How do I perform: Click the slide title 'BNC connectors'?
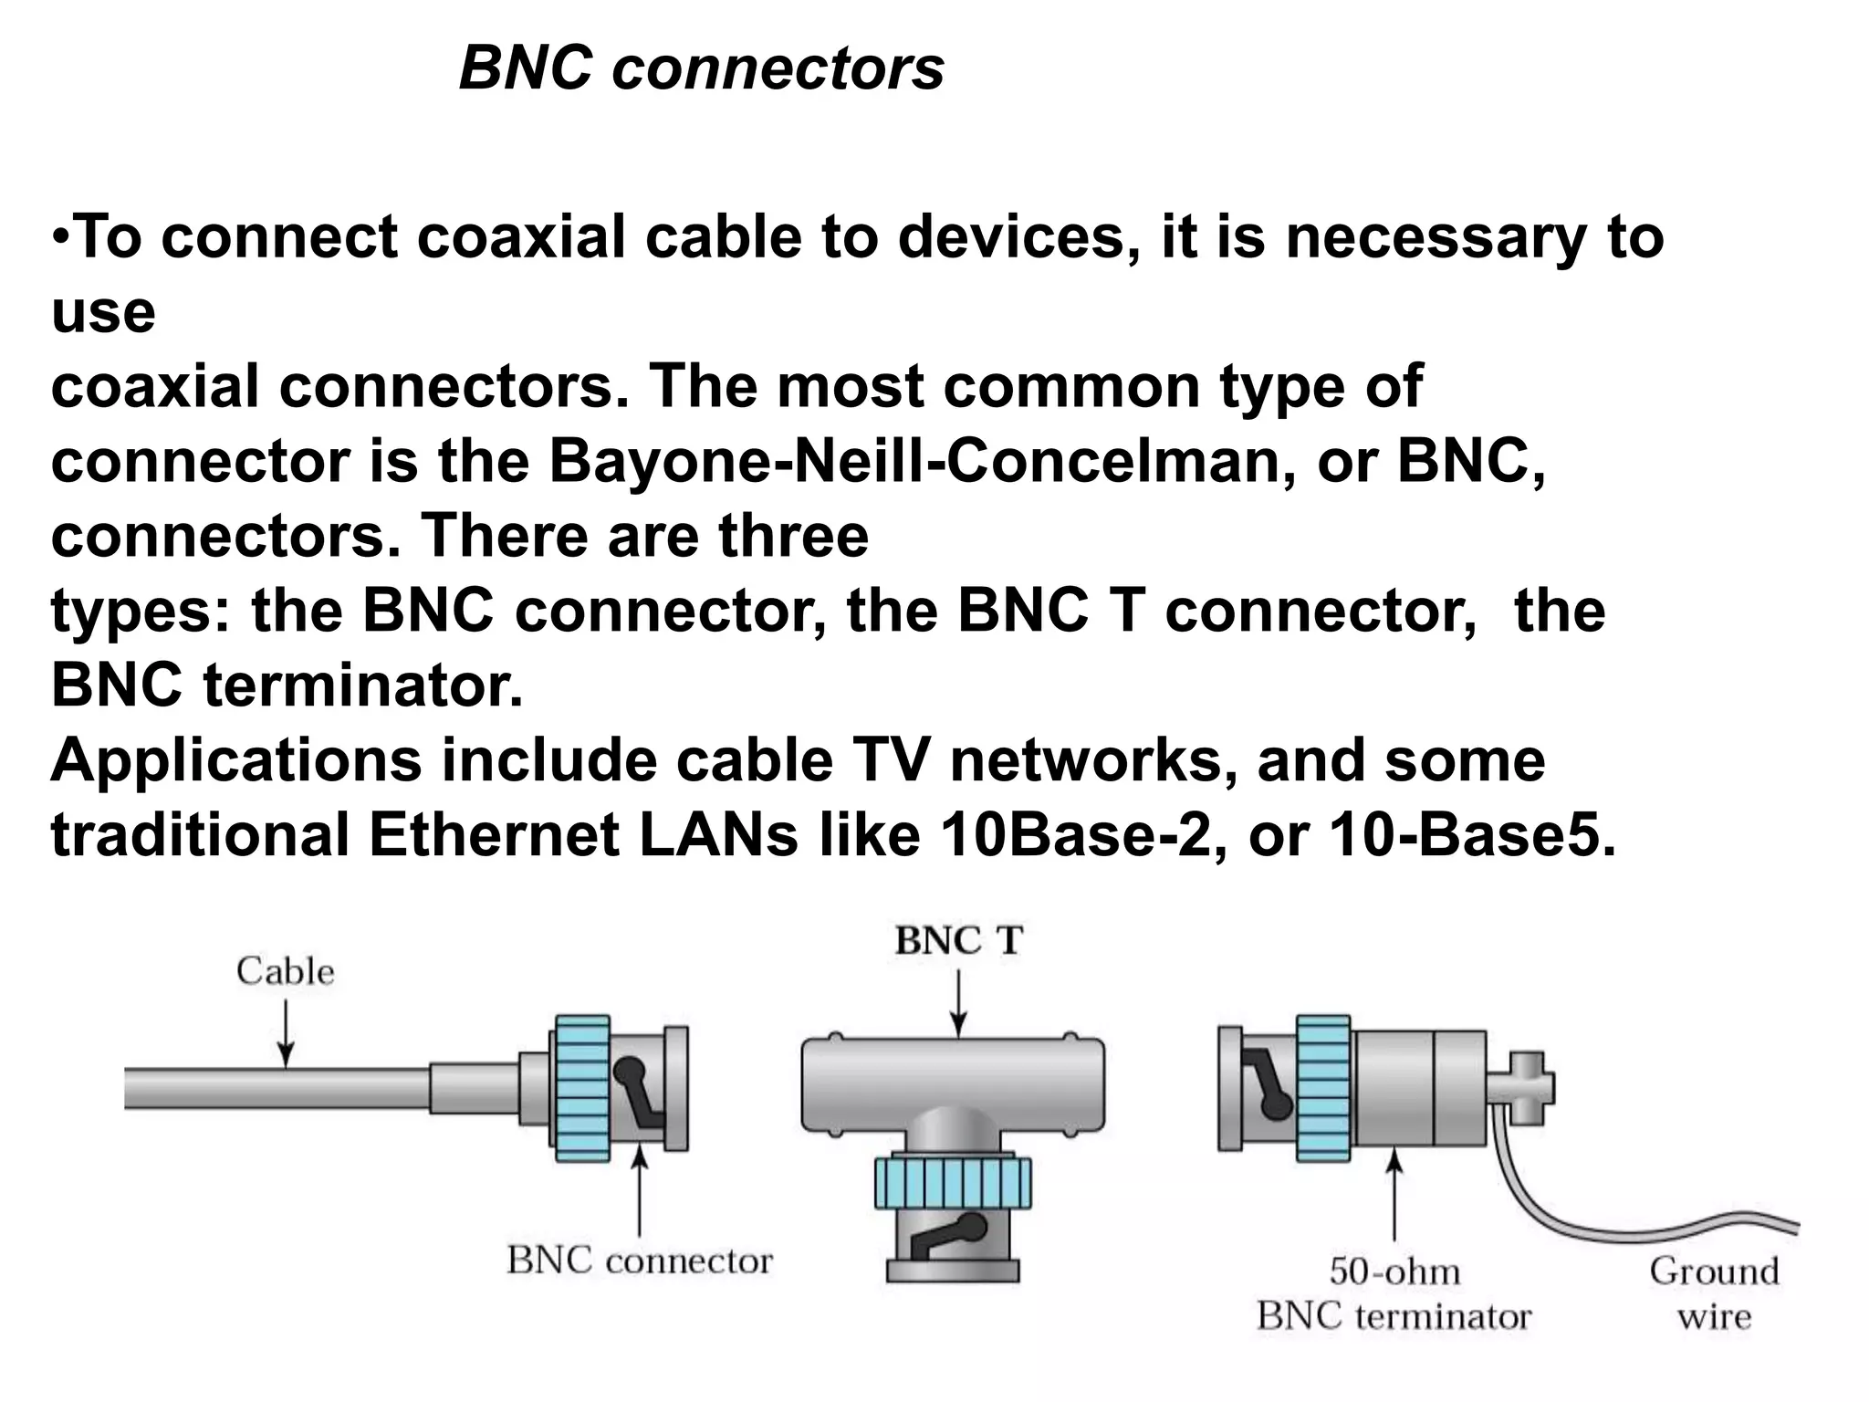pyautogui.click(x=701, y=69)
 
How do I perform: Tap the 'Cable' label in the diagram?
pyautogui.click(x=285, y=971)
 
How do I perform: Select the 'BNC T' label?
pyautogui.click(x=958, y=941)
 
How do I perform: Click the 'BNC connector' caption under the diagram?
pyautogui.click(x=639, y=1261)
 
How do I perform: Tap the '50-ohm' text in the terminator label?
pyautogui.click(x=1394, y=1271)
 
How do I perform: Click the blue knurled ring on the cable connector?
pyautogui.click(x=581, y=1088)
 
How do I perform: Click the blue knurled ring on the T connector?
pyautogui.click(x=953, y=1182)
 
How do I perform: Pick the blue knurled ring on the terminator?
pyautogui.click(x=1322, y=1088)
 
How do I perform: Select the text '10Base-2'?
pyautogui.click(x=1082, y=835)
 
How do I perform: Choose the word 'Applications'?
pyautogui.click(x=235, y=761)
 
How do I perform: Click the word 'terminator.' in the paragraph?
pyautogui.click(x=362, y=685)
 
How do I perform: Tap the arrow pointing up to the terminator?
pyautogui.click(x=1394, y=1196)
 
